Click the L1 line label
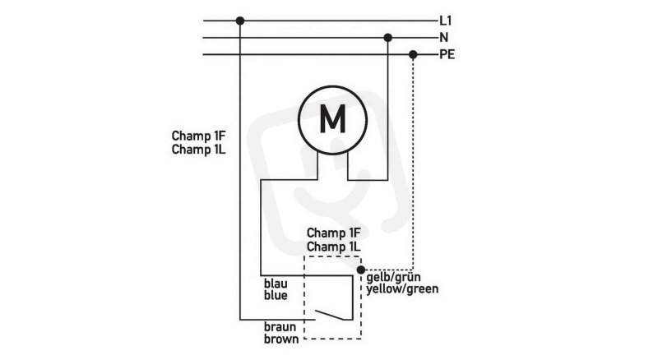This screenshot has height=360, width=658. point(445,21)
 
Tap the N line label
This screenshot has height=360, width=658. point(443,38)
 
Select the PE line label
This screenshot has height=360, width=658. point(447,54)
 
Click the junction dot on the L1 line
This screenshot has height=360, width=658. point(240,21)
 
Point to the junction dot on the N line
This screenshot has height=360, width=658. point(387,38)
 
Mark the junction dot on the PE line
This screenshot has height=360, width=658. point(413,54)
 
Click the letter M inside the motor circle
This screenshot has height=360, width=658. point(332,118)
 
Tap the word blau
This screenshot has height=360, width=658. point(276,284)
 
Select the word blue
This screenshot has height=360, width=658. point(276,295)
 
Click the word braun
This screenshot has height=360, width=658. point(280,327)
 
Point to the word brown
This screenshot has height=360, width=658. point(281,339)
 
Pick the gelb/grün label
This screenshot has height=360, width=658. point(393,277)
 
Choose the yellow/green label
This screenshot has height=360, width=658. point(402,289)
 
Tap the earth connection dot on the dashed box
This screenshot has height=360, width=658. point(361,270)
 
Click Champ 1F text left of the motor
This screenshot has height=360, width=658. point(198,136)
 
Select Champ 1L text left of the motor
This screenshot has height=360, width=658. point(198,150)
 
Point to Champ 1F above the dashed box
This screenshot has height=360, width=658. point(334,233)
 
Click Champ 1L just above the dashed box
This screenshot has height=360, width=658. point(334,247)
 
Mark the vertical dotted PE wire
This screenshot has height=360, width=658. point(414,162)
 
